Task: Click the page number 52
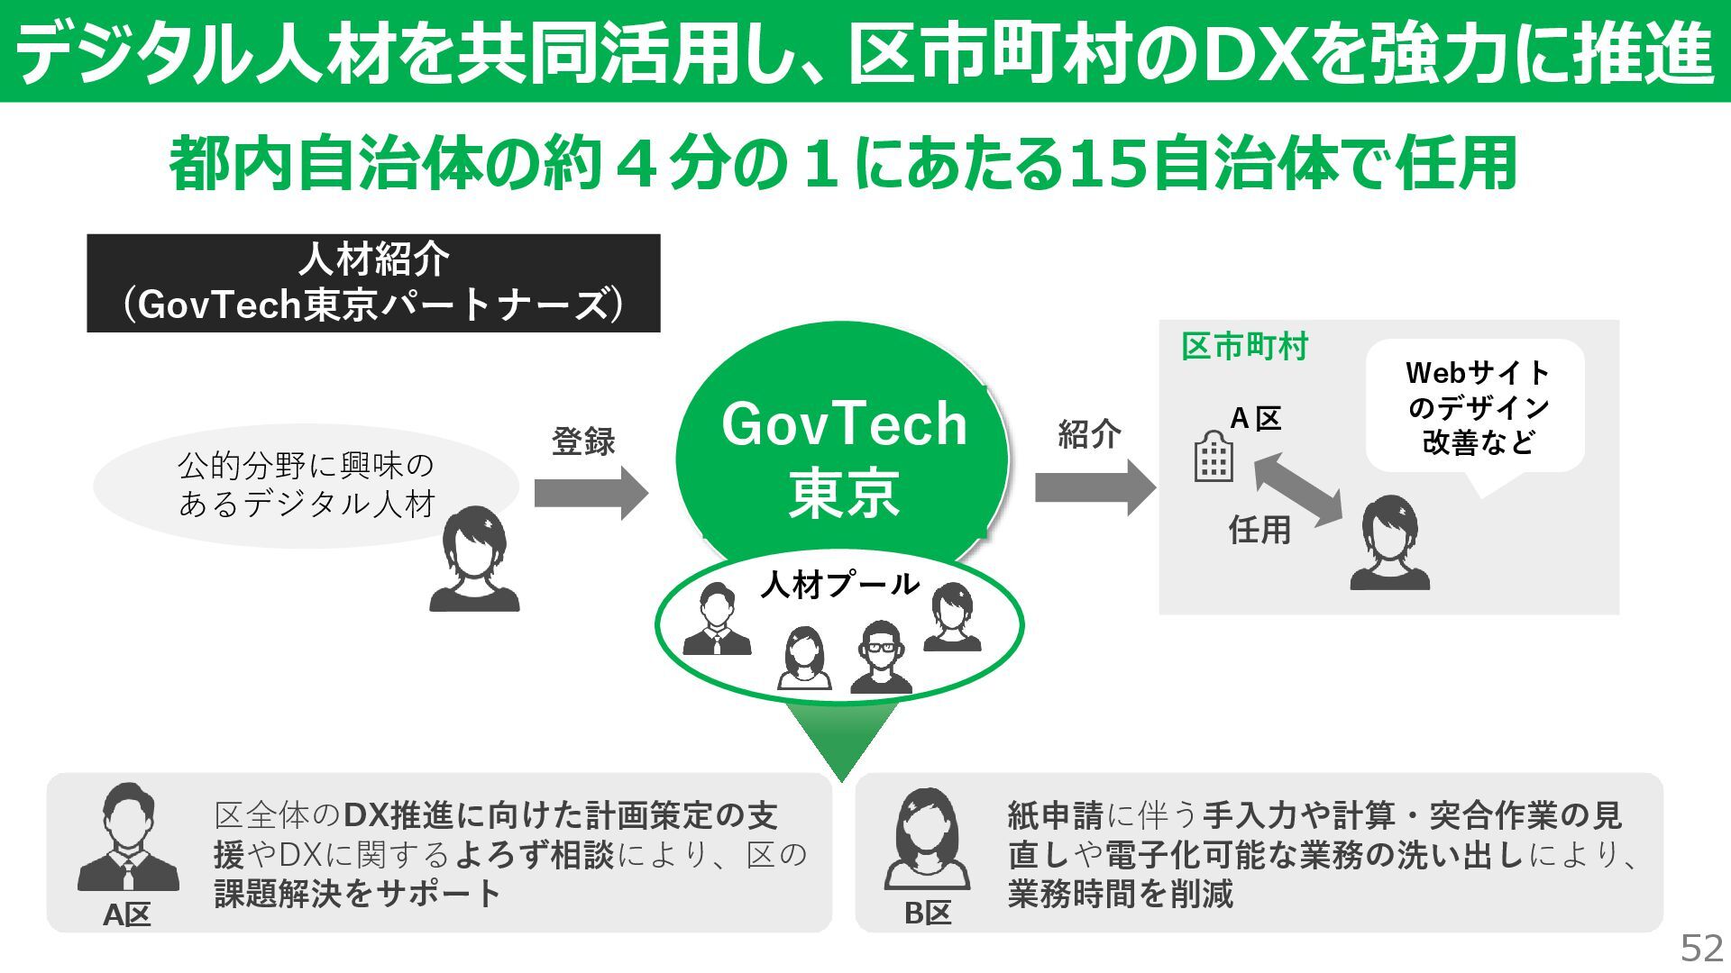1701,948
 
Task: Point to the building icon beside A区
1213,457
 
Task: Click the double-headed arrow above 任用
1298,489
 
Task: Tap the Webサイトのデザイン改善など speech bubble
1476,407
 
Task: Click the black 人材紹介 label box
373,283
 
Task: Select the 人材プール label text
839,585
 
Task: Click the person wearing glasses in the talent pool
881,657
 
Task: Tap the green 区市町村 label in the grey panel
1244,347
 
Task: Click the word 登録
583,441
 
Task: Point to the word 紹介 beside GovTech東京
1089,434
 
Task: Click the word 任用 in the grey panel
1259,530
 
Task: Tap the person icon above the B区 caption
926,839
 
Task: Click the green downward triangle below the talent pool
841,739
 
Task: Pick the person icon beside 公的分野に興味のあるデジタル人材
474,560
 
